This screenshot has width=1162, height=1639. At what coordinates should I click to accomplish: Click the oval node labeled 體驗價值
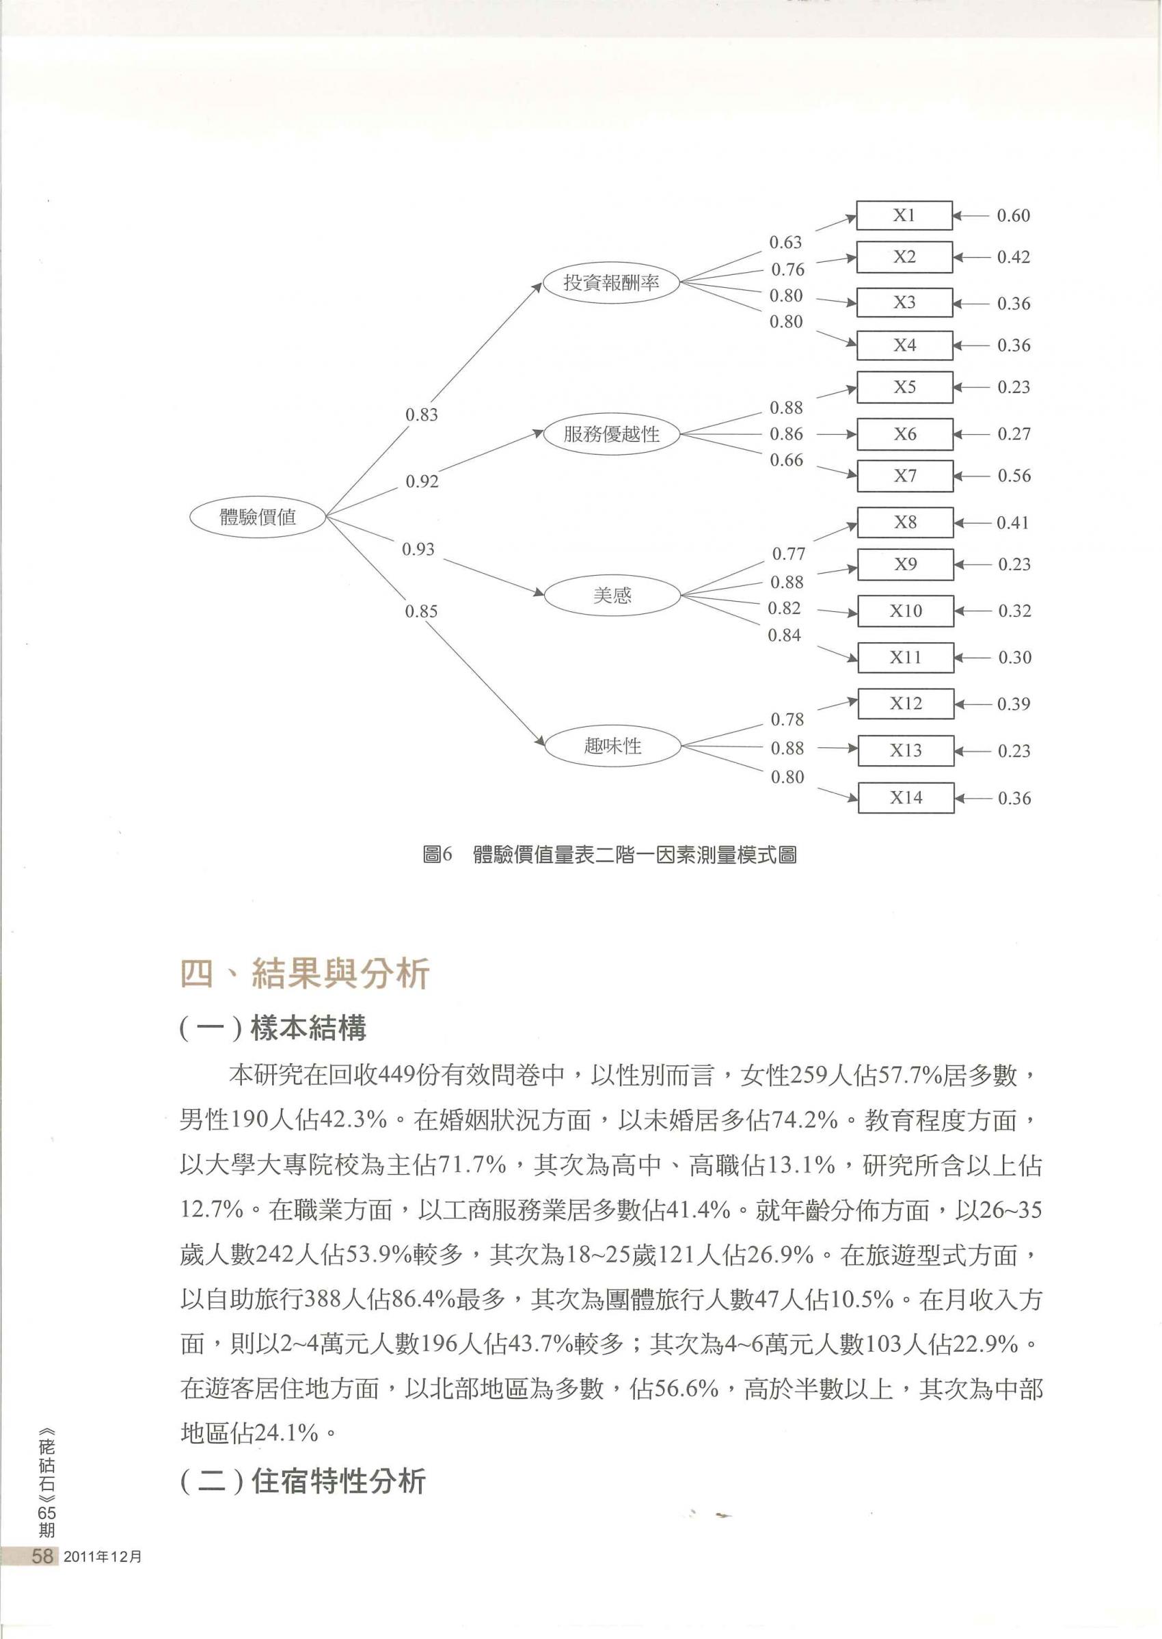pyautogui.click(x=258, y=517)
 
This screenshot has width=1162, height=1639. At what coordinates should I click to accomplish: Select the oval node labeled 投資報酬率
pyautogui.click(x=611, y=282)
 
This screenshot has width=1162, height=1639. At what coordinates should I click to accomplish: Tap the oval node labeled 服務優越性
pyautogui.click(x=611, y=434)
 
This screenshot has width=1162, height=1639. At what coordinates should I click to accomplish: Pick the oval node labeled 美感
pyautogui.click(x=612, y=595)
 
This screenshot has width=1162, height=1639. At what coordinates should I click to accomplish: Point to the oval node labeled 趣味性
pyautogui.click(x=612, y=747)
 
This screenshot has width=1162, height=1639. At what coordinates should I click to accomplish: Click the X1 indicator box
pyautogui.click(x=904, y=215)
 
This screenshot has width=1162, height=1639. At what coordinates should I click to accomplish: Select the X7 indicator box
pyautogui.click(x=905, y=476)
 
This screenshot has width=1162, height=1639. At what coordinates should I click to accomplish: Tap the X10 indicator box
pyautogui.click(x=906, y=611)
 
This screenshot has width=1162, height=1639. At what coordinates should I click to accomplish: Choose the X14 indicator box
pyautogui.click(x=906, y=798)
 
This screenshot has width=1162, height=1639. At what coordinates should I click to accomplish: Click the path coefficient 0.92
pyautogui.click(x=422, y=481)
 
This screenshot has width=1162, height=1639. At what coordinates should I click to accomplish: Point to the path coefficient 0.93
pyautogui.click(x=418, y=550)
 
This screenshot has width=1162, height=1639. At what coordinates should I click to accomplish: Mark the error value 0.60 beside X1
pyautogui.click(x=1013, y=216)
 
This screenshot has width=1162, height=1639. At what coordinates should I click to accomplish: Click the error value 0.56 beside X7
pyautogui.click(x=1014, y=476)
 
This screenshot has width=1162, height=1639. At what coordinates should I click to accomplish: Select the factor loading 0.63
pyautogui.click(x=785, y=243)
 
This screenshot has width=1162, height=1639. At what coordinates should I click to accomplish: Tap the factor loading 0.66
pyautogui.click(x=786, y=460)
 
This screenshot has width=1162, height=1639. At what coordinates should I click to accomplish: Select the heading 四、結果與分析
pyautogui.click(x=305, y=975)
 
